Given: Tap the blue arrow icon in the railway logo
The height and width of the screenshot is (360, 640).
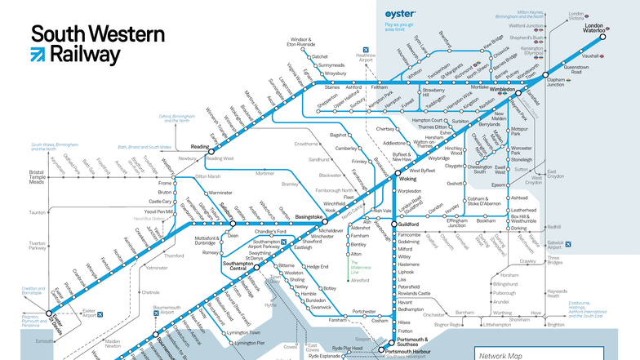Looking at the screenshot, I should (38, 55).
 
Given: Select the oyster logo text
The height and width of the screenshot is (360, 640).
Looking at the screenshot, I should (400, 15).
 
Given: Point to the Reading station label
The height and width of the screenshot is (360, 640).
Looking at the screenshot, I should (202, 147).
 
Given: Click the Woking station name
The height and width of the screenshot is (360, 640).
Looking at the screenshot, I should (407, 178).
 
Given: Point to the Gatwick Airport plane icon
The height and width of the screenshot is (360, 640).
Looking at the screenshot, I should (569, 243).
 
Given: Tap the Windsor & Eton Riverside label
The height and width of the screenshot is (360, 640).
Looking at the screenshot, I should (302, 42).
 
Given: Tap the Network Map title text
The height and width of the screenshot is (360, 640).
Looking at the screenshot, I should (500, 356).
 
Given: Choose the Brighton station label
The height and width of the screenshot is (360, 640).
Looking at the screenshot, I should (555, 324).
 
